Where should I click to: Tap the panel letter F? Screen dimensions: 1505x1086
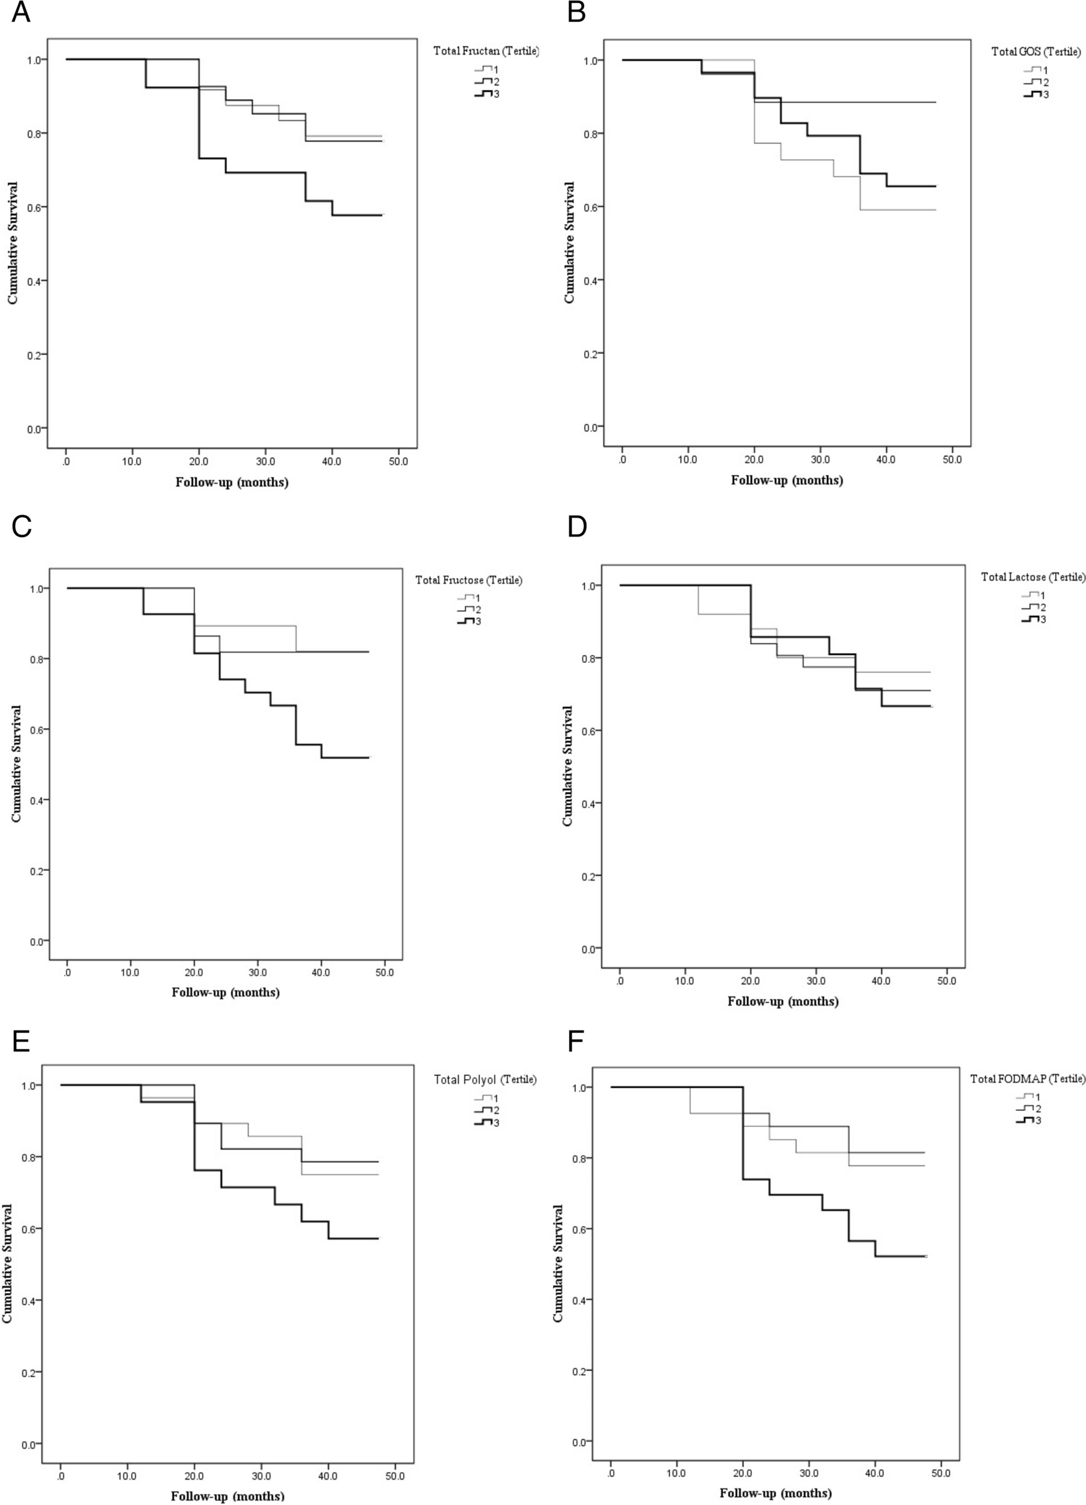577,1042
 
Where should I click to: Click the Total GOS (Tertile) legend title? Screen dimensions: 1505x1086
1036,52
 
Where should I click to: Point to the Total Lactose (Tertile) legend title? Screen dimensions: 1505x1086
1033,577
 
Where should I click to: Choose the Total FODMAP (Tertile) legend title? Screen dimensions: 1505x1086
1028,1079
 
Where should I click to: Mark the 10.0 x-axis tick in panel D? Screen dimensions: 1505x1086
684,980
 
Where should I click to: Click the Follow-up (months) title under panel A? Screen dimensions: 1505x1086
232,482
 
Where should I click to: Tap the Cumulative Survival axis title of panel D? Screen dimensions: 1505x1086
567,766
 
